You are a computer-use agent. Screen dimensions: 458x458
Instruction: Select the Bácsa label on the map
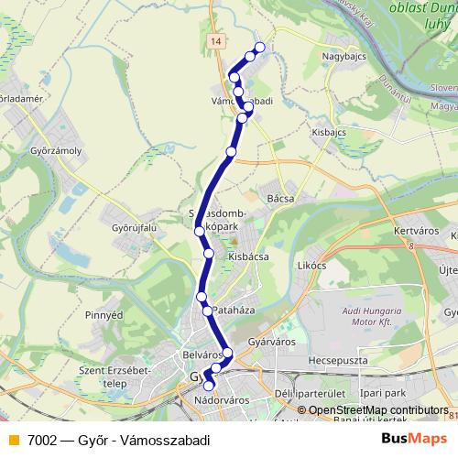coord(278,197)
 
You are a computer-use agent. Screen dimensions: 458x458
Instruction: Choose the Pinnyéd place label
coord(103,315)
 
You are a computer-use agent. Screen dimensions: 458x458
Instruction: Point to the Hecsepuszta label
coord(337,361)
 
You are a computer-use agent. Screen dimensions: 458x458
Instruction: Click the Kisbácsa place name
coord(247,257)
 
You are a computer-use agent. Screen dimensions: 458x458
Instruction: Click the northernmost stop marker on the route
coord(259,47)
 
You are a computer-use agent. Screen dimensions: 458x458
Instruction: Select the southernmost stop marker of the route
coord(209,387)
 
